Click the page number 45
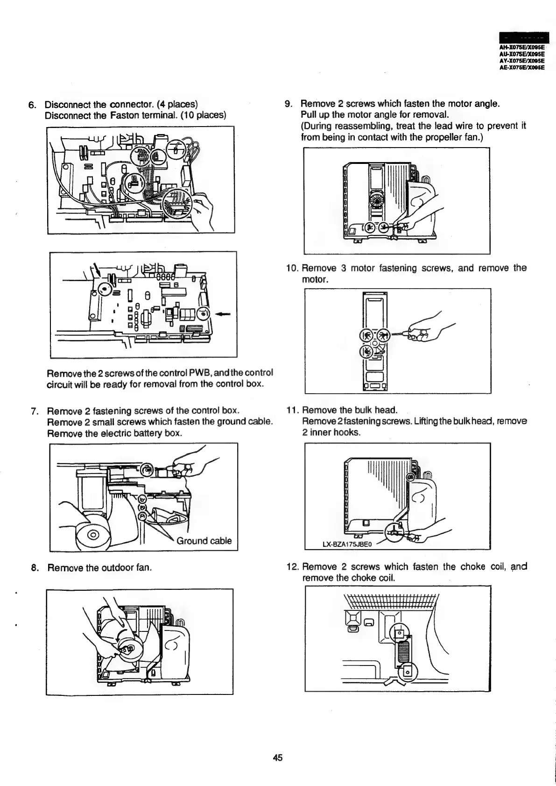[x=278, y=757]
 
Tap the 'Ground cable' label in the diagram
[x=204, y=541]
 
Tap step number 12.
[x=292, y=567]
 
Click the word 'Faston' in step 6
[x=124, y=115]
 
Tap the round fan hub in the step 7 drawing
[x=93, y=535]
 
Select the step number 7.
[x=34, y=411]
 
